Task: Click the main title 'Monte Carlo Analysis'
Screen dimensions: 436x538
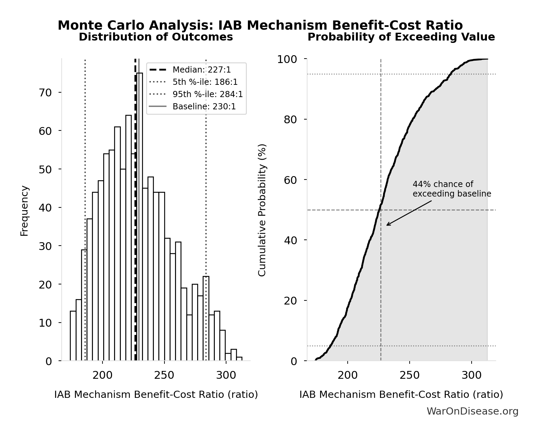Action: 260,26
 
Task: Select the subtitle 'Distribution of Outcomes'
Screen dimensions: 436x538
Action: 156,37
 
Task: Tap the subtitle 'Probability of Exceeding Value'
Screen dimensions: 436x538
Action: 401,37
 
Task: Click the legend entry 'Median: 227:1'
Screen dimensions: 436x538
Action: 202,70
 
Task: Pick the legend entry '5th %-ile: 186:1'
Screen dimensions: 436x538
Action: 205,82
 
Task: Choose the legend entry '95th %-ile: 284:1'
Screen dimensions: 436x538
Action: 208,94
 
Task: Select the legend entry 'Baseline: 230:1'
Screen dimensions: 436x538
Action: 204,107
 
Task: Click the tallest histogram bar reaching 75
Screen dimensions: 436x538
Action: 140,218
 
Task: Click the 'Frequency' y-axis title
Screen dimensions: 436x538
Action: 25,211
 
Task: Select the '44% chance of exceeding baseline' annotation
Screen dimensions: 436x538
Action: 452,189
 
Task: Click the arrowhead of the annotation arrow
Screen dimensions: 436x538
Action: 387,225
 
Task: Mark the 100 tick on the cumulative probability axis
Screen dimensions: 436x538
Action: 287,59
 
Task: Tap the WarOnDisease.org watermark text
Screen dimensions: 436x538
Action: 472,411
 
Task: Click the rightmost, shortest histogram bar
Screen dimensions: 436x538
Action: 239,359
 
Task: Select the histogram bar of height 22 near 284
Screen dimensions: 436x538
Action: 206,318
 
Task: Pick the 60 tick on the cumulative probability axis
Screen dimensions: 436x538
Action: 290,180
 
